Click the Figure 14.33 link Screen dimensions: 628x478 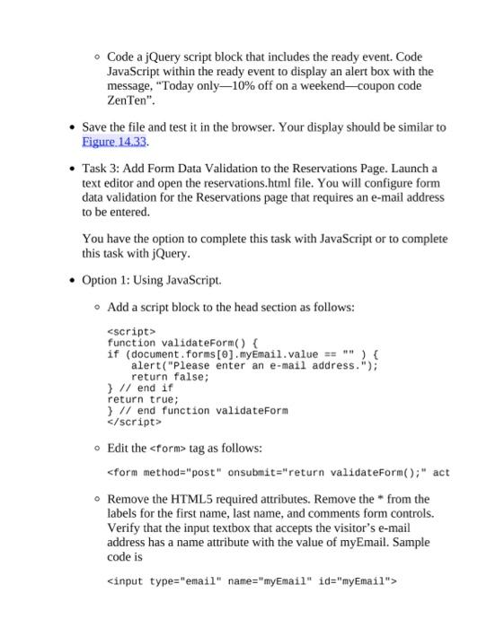point(114,142)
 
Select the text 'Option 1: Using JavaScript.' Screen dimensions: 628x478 point(151,280)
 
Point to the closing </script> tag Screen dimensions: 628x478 point(134,422)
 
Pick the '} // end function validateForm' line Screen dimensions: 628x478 point(198,411)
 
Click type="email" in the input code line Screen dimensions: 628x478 point(184,581)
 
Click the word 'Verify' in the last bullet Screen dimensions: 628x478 point(124,528)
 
